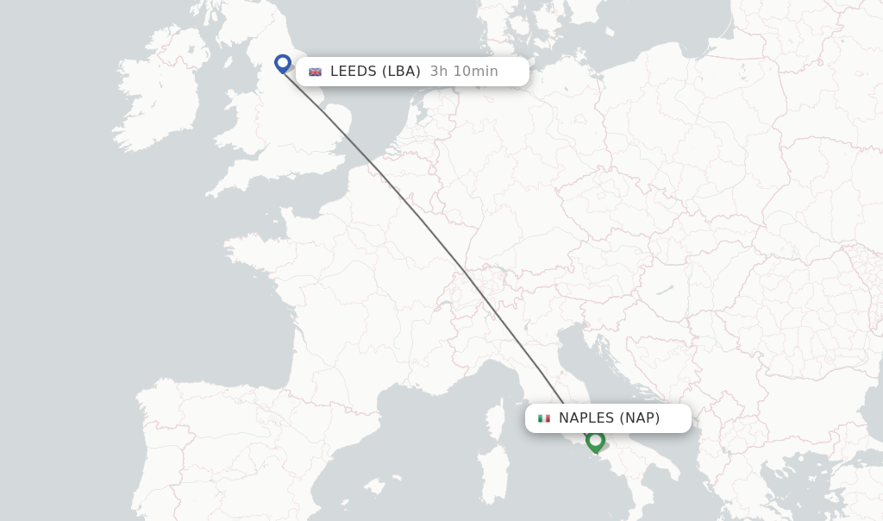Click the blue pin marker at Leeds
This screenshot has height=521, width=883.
[x=282, y=63]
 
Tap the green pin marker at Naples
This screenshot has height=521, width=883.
[x=595, y=441]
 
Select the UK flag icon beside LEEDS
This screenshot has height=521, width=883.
[x=316, y=72]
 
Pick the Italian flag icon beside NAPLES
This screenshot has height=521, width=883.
[x=544, y=418]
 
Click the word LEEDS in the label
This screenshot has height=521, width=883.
[x=354, y=72]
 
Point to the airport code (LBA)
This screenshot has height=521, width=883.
[x=401, y=72]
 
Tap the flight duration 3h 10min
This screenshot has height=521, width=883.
[x=464, y=72]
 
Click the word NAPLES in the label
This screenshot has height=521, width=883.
[x=586, y=418]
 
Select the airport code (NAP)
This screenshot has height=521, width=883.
[x=639, y=418]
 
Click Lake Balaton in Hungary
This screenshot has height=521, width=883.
[x=663, y=291]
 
